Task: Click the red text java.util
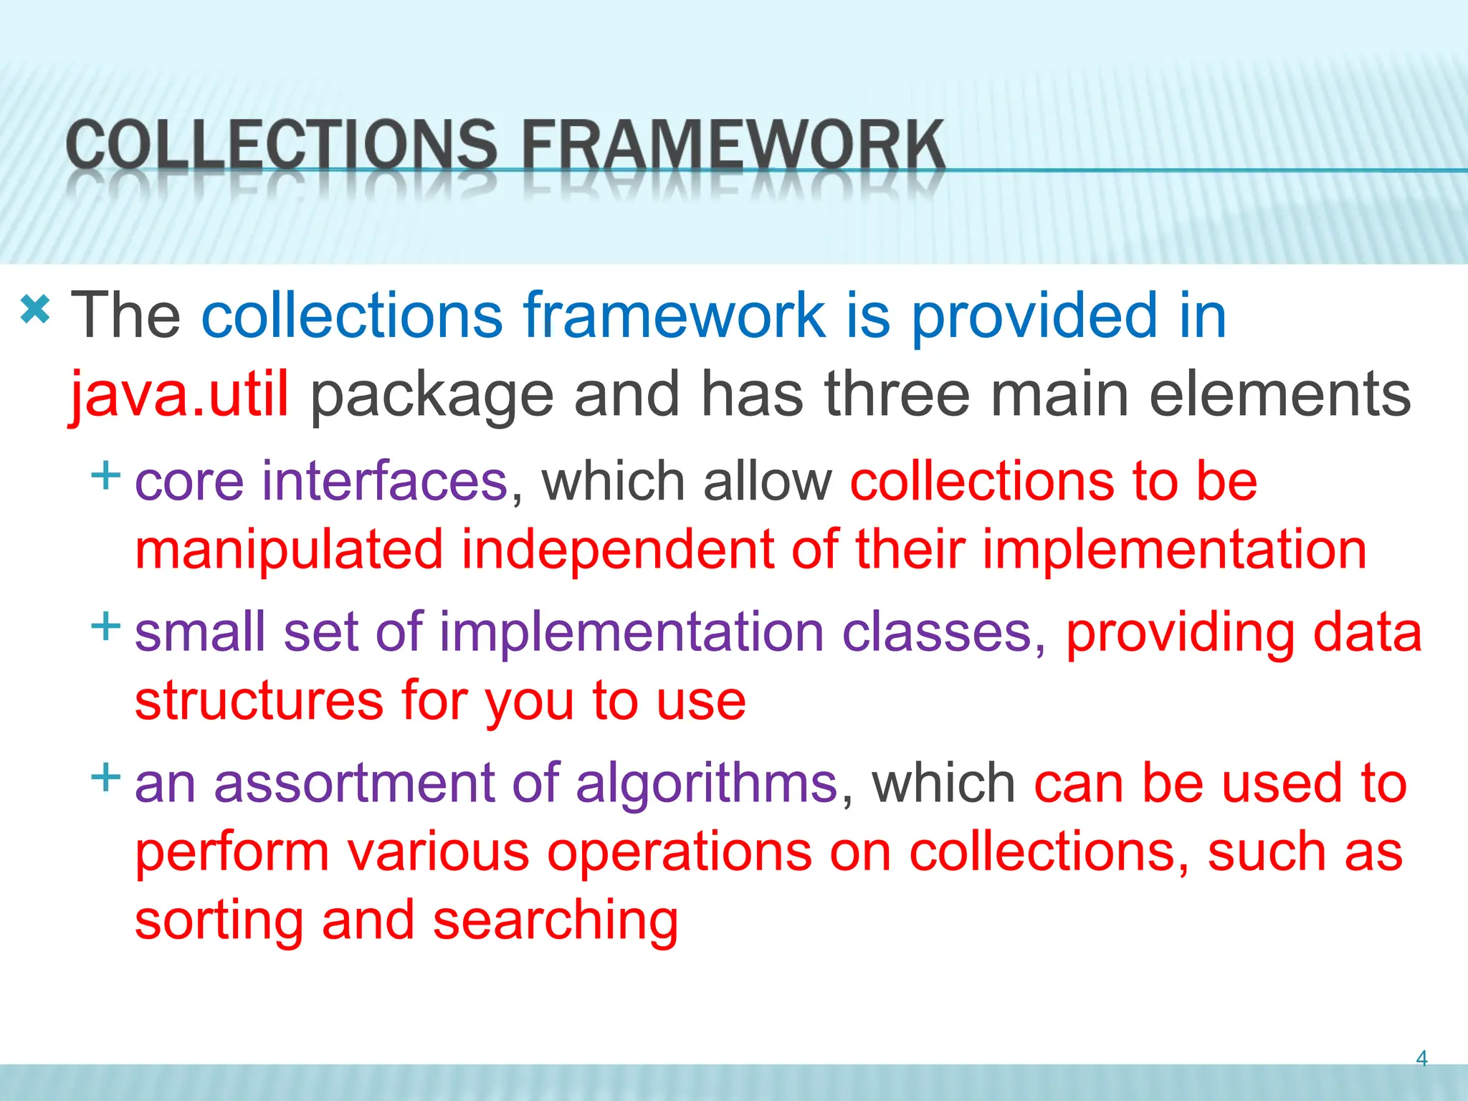tap(179, 394)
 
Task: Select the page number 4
tap(1421, 1058)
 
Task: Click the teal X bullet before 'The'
tap(35, 310)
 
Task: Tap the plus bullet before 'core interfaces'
tap(105, 475)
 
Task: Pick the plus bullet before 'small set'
tap(105, 626)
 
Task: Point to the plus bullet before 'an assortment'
tap(105, 777)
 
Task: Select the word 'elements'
tap(1280, 394)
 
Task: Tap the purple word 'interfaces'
tap(385, 481)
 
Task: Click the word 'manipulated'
tap(289, 550)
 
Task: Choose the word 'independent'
tap(617, 550)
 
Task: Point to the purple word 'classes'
tap(937, 632)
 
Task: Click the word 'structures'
tap(259, 701)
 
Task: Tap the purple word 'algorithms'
tap(707, 784)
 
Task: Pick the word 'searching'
tap(556, 922)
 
